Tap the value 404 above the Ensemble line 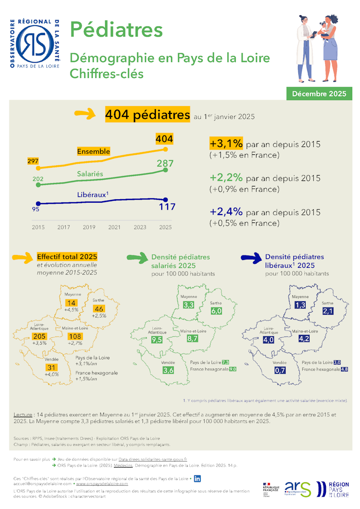click(x=164, y=139)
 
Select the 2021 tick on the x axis click(x=114, y=227)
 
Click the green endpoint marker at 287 click(x=165, y=171)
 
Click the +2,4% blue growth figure click(x=226, y=212)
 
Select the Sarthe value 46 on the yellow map click(x=98, y=308)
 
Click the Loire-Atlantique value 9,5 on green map click(x=157, y=340)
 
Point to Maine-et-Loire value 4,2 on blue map click(x=304, y=339)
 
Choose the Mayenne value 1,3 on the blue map click(x=300, y=305)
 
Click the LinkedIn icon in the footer click(x=198, y=478)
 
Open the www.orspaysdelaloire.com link click(x=102, y=484)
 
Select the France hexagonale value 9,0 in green click(x=232, y=369)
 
